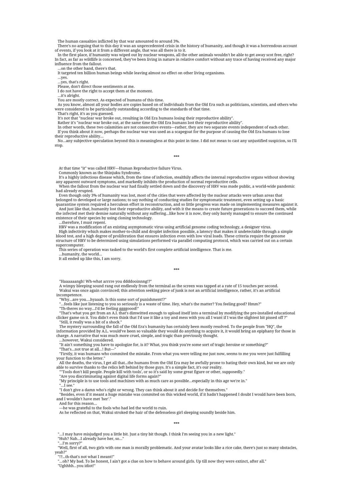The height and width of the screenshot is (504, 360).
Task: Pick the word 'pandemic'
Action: pyautogui.click(x=286, y=186)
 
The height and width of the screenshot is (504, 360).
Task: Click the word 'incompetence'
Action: pyautogui.click(x=69, y=295)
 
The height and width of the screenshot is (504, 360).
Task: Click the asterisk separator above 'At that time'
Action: pyautogui.click(x=176, y=156)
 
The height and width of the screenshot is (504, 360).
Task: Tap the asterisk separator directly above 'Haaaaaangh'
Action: pyautogui.click(x=176, y=270)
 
